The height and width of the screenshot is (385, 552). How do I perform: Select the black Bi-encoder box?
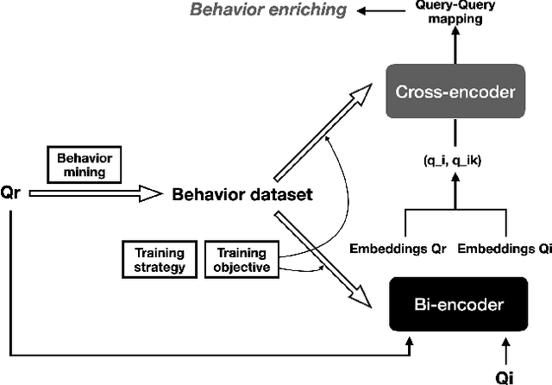coord(457,304)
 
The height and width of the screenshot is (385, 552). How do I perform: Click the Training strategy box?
coord(160,260)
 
